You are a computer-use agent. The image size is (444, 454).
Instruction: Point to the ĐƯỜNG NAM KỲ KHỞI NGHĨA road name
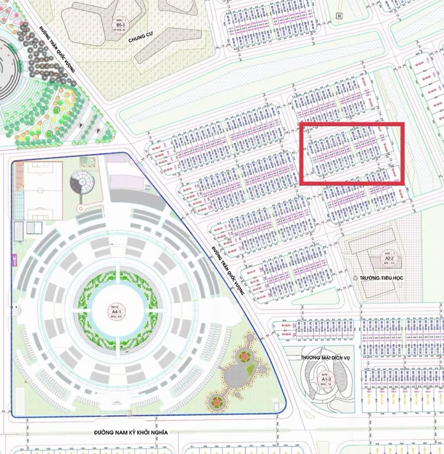pos(131,432)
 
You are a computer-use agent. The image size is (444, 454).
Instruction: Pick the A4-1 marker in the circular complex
pos(115,312)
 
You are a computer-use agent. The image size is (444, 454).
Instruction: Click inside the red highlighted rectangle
pos(351,153)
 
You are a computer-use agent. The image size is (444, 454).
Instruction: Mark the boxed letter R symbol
pos(339,15)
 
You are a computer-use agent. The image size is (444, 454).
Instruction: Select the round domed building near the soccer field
pos(82,181)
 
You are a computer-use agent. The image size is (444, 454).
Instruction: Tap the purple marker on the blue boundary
pos(13,258)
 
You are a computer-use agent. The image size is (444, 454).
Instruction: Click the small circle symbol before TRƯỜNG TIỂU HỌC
pos(355,278)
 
